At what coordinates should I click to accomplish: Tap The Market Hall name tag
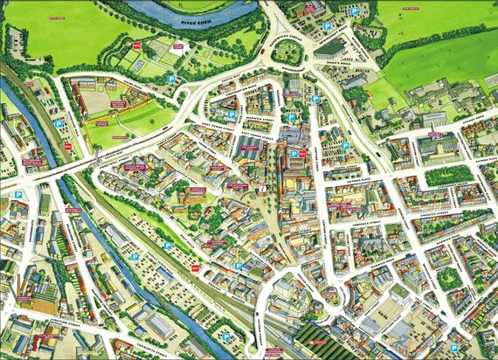click(x=249, y=149)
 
